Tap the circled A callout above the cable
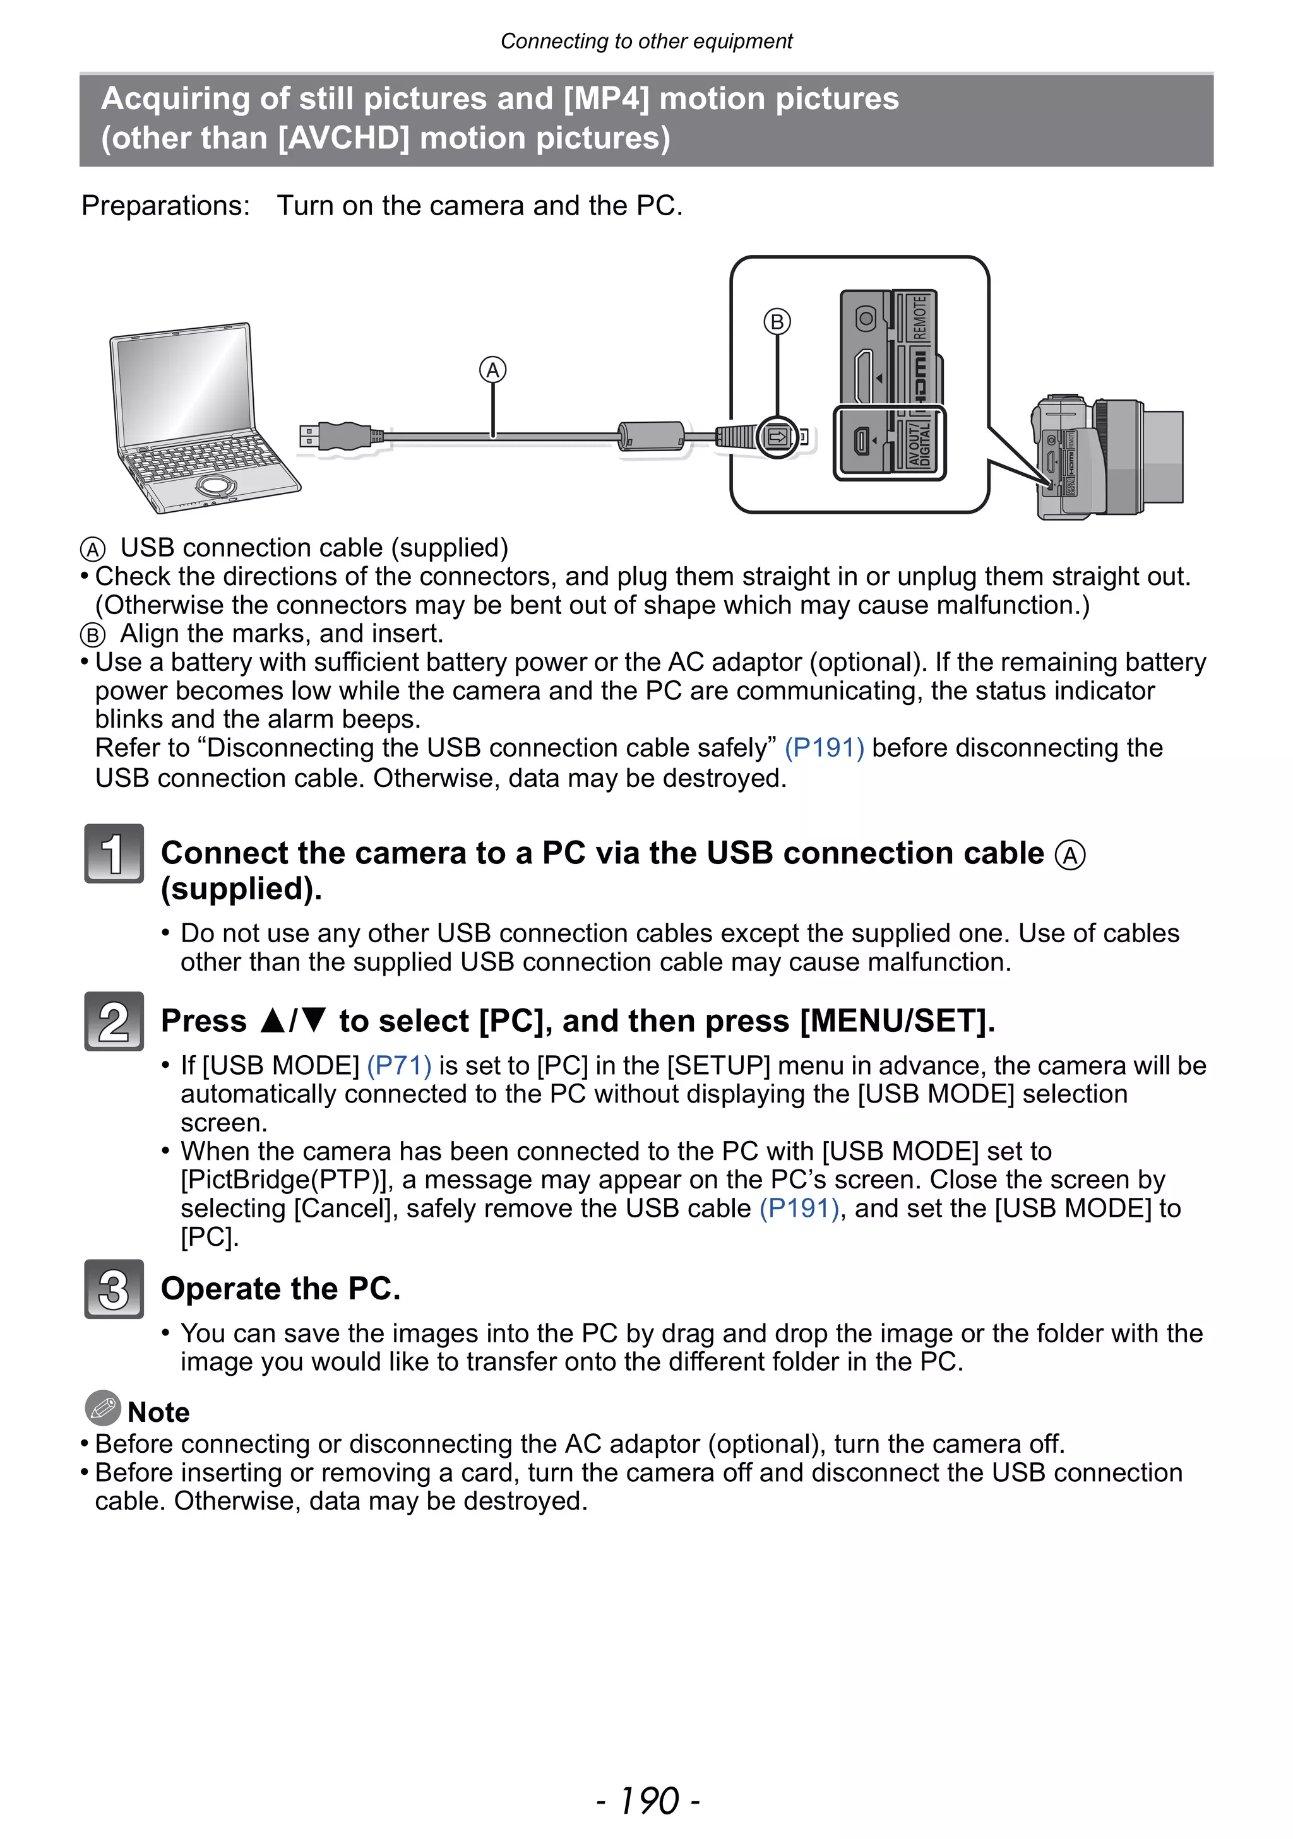click(x=492, y=370)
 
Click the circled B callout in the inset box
click(x=777, y=322)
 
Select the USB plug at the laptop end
click(x=337, y=437)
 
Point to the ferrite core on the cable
click(x=650, y=437)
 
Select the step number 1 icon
click(x=114, y=853)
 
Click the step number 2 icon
click(x=114, y=1021)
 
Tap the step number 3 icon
click(x=114, y=1289)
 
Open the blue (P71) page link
click(x=399, y=1065)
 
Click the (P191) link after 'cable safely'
click(x=823, y=747)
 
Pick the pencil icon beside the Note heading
click(x=102, y=1407)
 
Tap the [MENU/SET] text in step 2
click(x=897, y=1021)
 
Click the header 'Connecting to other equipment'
click(x=646, y=41)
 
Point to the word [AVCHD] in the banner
click(x=343, y=138)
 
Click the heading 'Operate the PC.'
click(x=280, y=1289)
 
